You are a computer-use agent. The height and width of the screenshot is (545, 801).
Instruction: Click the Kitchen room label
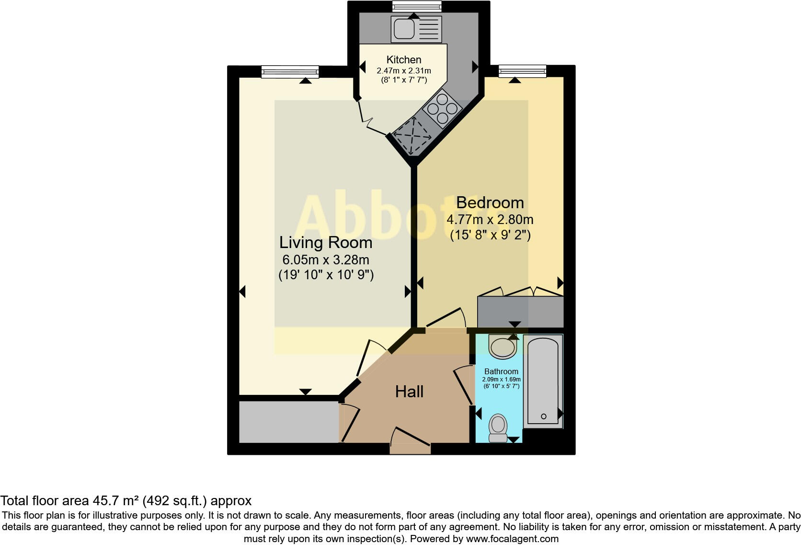pos(404,60)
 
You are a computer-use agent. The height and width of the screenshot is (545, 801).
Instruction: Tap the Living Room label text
pos(326,242)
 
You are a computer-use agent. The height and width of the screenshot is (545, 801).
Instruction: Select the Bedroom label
pos(490,202)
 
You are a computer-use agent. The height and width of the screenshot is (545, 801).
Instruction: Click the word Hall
pos(409,391)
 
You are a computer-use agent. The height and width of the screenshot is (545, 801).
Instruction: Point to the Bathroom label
pos(501,371)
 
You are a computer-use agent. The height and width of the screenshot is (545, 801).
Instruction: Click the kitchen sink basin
pos(404,28)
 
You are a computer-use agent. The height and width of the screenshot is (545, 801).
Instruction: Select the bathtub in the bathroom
pos(543,379)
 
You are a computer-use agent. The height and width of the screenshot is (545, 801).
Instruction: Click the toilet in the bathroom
pos(498,427)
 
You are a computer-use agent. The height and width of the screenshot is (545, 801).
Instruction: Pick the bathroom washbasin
pos(502,346)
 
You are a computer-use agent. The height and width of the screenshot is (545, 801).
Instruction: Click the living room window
pos(290,72)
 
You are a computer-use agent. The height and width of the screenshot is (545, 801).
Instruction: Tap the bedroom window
pos(522,72)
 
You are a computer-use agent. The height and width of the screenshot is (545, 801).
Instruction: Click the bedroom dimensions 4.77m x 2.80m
pos(490,220)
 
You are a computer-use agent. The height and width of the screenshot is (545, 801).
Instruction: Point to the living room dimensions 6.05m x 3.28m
pos(326,260)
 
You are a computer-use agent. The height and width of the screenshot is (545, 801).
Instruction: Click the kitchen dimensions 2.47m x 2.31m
pos(404,71)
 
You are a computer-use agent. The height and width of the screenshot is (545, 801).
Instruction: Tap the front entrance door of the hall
pos(410,444)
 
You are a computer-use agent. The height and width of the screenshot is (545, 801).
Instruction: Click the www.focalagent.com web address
pos(512,539)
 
